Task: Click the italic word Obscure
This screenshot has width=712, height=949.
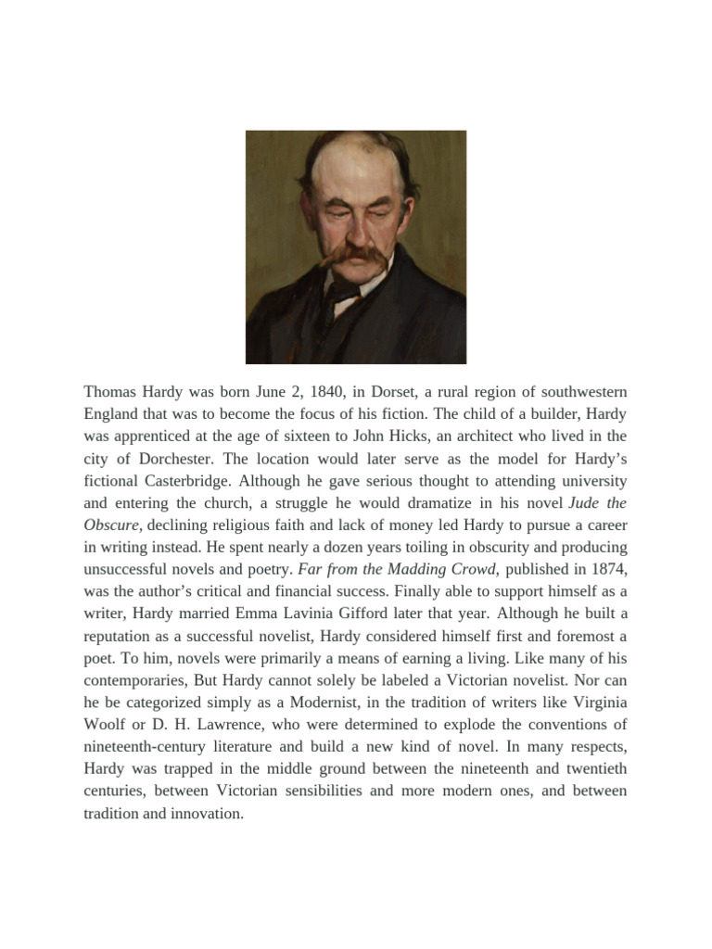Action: [x=111, y=525]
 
